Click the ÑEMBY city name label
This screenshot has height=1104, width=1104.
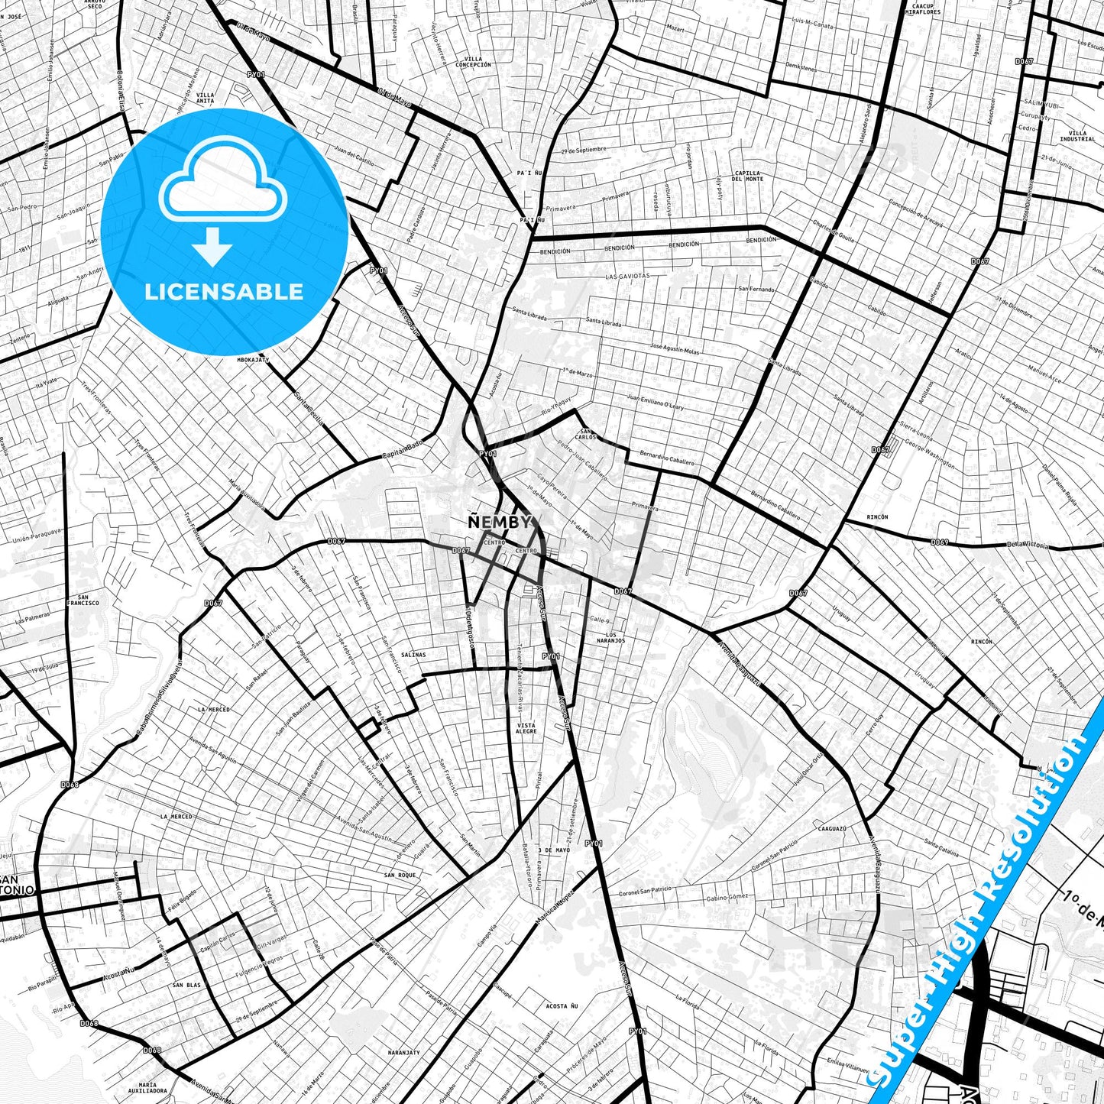pos(499,522)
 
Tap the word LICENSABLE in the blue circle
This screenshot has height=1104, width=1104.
pos(224,292)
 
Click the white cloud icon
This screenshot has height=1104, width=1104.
pos(222,183)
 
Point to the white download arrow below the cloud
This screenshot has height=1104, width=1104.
pos(212,246)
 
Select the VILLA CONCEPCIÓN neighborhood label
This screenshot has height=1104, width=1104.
pos(473,62)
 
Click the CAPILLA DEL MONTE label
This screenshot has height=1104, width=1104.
pos(748,176)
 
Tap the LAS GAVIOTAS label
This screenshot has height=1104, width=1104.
pos(627,276)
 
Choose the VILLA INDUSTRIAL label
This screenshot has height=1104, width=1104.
pos(1077,136)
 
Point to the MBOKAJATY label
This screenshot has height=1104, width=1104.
pos(253,359)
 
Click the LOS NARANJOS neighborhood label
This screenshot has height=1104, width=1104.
pos(611,637)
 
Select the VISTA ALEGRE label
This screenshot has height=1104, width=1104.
pos(526,728)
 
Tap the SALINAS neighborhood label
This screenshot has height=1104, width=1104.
pos(413,655)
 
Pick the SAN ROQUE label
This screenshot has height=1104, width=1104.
pos(400,875)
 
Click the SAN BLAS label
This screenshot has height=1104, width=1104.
pos(186,985)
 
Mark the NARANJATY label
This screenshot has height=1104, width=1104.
pos(403,1052)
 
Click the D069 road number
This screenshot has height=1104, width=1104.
pos(939,542)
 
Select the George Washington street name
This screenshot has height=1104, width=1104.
pos(929,453)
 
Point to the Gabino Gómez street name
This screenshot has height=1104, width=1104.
pos(727,898)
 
